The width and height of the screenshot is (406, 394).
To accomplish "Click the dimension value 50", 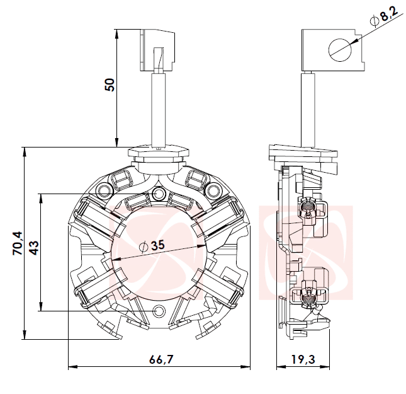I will click(110, 84).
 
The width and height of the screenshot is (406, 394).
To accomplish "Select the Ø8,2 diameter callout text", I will click(384, 18).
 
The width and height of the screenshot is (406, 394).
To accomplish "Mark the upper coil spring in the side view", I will click(308, 207).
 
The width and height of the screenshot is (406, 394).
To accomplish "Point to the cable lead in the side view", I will click(310, 108).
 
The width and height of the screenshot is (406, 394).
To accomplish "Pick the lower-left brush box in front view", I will click(98, 287).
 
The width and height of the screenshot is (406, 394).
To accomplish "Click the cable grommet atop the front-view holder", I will click(159, 153).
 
